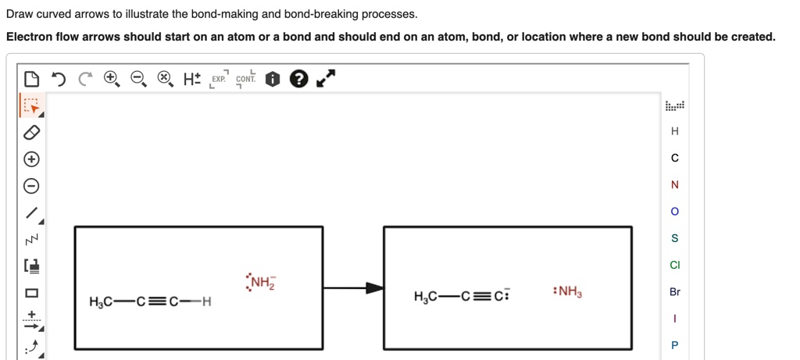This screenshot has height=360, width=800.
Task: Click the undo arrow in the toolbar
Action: [58, 79]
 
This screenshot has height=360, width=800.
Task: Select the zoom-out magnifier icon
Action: [137, 78]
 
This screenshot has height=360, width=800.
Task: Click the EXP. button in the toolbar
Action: [218, 79]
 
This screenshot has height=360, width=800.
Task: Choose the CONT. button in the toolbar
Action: [245, 79]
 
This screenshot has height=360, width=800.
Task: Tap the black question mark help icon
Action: [298, 79]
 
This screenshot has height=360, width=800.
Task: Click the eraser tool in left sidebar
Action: [30, 132]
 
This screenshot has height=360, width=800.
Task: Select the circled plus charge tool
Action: [30, 159]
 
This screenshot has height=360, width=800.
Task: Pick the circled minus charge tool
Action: [30, 186]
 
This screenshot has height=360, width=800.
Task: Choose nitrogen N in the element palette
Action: [675, 185]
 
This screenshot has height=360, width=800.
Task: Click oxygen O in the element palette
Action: [675, 212]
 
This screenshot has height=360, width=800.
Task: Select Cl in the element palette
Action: [675, 265]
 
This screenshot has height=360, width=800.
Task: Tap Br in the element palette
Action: [675, 292]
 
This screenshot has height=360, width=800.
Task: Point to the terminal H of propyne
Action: [207, 301]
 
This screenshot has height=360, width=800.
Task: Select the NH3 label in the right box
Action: [568, 293]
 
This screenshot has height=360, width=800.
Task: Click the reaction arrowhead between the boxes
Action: [375, 288]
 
